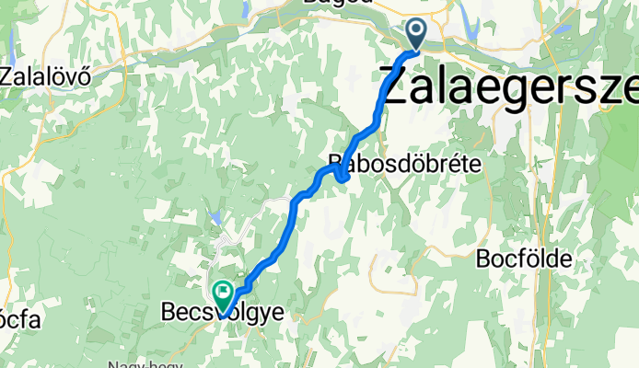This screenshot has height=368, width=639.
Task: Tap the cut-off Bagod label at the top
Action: pyautogui.click(x=338, y=3)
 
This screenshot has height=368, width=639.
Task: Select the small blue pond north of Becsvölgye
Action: pyautogui.click(x=215, y=217)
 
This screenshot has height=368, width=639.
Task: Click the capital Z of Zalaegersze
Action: pyautogui.click(x=400, y=88)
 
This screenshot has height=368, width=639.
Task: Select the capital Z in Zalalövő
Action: pyautogui.click(x=9, y=76)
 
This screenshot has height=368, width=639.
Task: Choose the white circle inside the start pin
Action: pyautogui.click(x=416, y=31)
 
